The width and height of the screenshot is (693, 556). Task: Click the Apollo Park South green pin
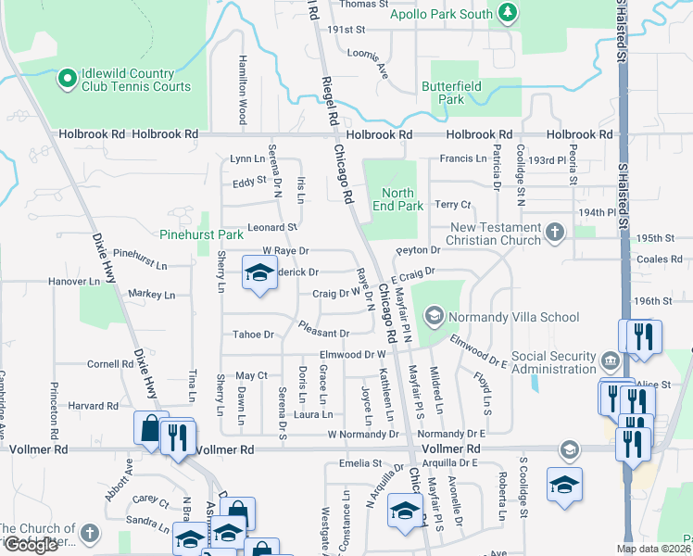507,12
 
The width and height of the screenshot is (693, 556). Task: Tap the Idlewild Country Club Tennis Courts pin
67,80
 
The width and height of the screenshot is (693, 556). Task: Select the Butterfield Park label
442,92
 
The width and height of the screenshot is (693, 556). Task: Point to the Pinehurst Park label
201,234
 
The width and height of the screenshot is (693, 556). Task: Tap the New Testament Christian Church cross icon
554,232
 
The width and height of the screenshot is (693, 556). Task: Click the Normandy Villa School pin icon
433,317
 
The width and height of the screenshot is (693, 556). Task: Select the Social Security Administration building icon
609,360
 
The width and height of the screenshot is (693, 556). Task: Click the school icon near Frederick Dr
259,272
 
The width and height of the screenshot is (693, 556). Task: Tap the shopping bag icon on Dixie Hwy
150,428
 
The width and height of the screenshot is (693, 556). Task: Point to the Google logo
31,545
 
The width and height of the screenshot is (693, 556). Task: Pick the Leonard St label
271,227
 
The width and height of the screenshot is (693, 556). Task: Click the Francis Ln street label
462,158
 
